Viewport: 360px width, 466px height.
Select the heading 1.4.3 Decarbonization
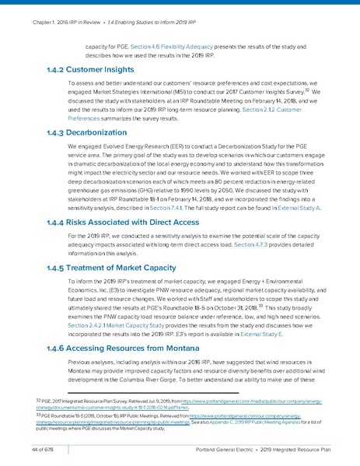pos(80,132)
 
